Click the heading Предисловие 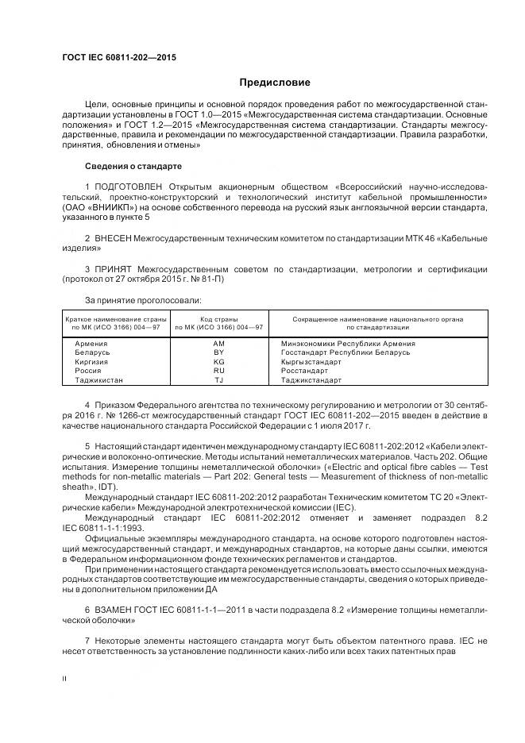(x=276, y=82)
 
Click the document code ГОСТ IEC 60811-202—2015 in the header (x=118, y=58)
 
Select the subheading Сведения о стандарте (x=133, y=167)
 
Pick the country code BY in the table (x=219, y=352)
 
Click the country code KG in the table (x=219, y=361)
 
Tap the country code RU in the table (x=219, y=371)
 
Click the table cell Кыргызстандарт (x=311, y=361)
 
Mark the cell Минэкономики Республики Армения (x=348, y=343)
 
